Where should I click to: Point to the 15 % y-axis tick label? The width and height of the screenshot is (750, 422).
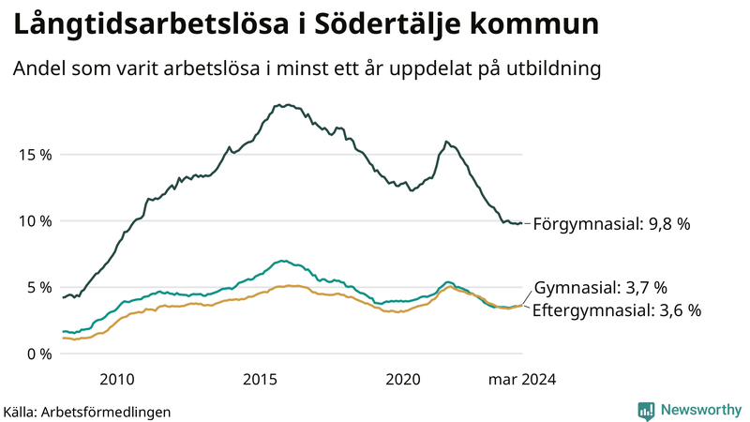pos(34,155)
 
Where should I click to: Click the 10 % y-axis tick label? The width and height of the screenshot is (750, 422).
pos(34,221)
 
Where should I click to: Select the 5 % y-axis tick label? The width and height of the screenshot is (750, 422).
pos(37,288)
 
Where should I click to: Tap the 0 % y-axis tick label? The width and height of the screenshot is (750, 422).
pos(37,354)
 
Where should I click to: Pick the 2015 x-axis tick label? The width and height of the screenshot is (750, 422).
pos(260,380)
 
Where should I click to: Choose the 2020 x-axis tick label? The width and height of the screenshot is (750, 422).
pos(404,380)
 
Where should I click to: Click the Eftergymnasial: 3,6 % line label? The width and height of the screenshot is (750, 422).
pos(616,310)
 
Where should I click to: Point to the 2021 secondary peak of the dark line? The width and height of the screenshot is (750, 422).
pos(446,142)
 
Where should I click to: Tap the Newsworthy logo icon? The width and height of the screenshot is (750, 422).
pos(646,410)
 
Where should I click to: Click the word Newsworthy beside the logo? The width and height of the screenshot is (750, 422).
pos(699,410)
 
